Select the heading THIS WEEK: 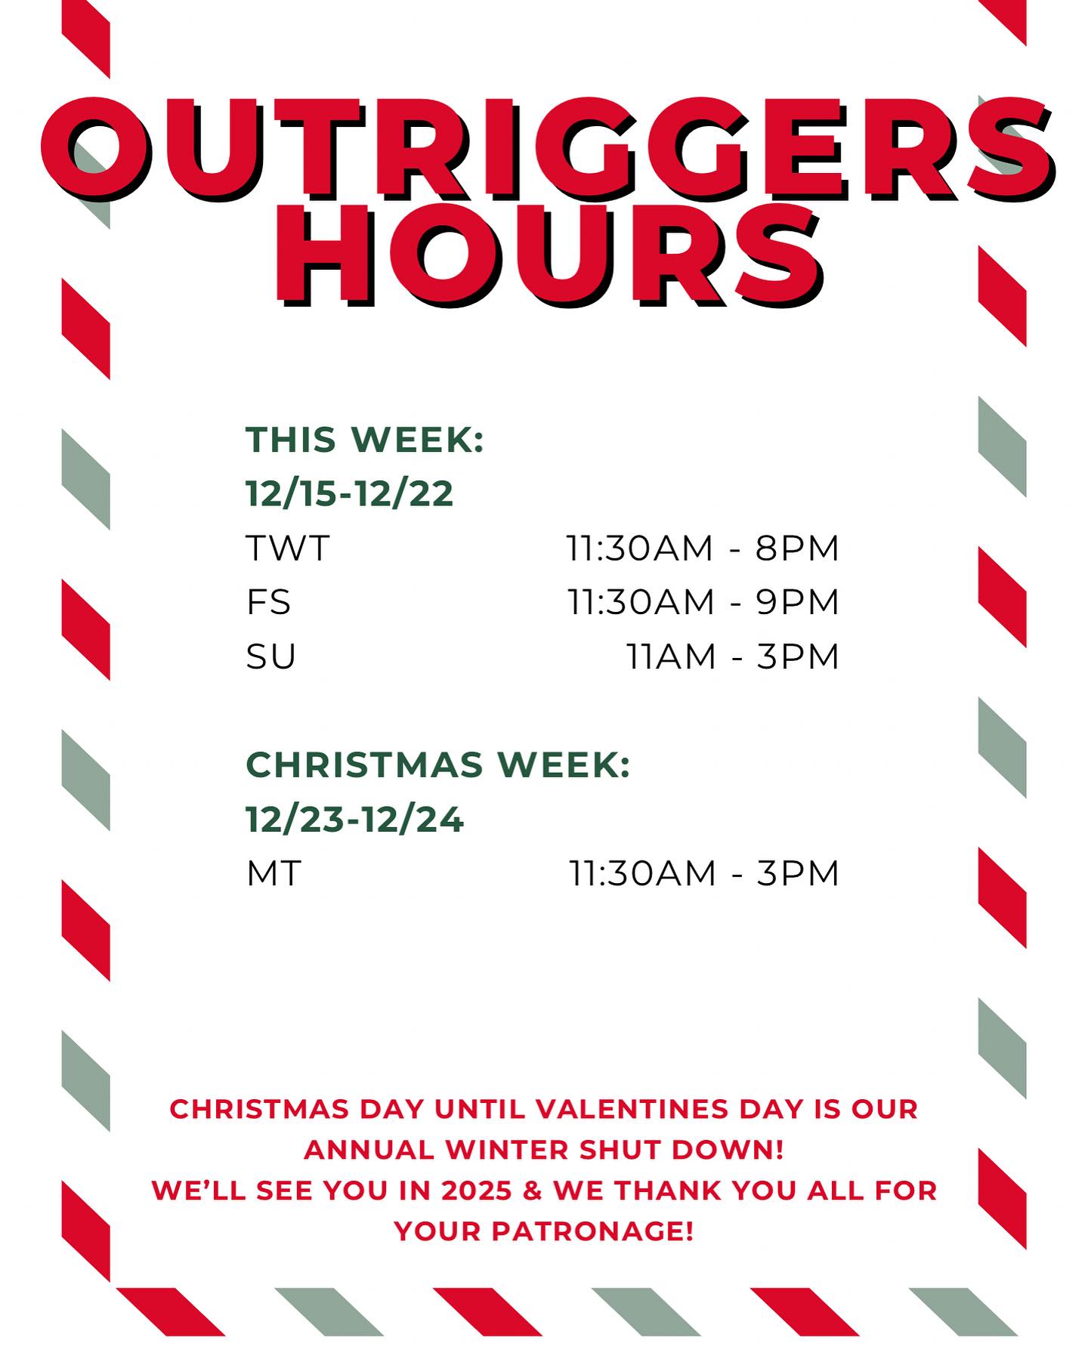[x=365, y=439]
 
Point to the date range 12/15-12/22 [x=349, y=494]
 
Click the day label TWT [x=288, y=548]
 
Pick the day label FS [x=268, y=602]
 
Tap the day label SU [x=270, y=656]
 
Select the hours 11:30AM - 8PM [x=703, y=548]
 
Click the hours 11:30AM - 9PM [x=703, y=602]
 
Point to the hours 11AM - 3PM [x=733, y=656]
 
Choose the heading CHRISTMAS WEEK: [x=438, y=764]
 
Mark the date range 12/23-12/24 [x=354, y=820]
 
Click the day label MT [x=274, y=873]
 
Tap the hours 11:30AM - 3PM [x=703, y=873]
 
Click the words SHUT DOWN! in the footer [x=682, y=1150]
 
